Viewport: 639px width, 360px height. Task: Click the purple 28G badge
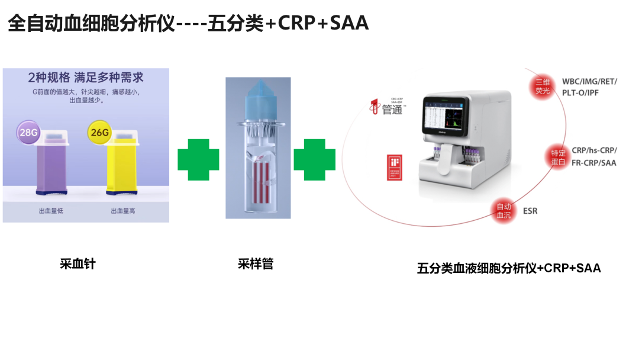pos(28,133)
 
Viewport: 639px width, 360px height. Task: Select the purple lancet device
pos(54,163)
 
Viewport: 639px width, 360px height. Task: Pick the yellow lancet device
pos(123,163)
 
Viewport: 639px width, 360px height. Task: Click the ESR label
pos(530,211)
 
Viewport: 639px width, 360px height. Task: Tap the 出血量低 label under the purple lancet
pos(51,211)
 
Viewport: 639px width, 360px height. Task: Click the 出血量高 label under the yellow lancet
pos(123,211)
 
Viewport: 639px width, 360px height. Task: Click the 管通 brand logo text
pos(391,109)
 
